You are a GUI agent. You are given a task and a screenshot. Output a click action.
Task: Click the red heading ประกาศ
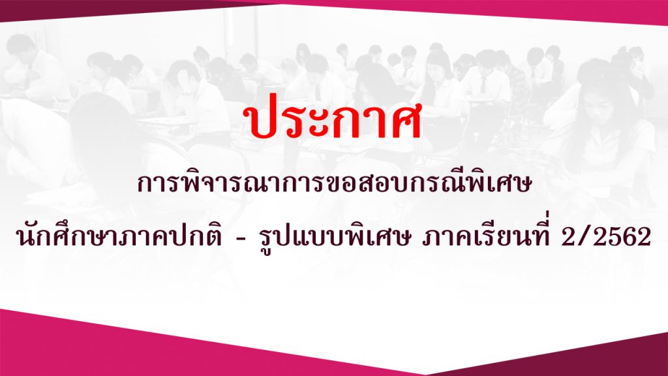click(332, 120)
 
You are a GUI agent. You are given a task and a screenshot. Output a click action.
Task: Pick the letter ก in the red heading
click(338, 123)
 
